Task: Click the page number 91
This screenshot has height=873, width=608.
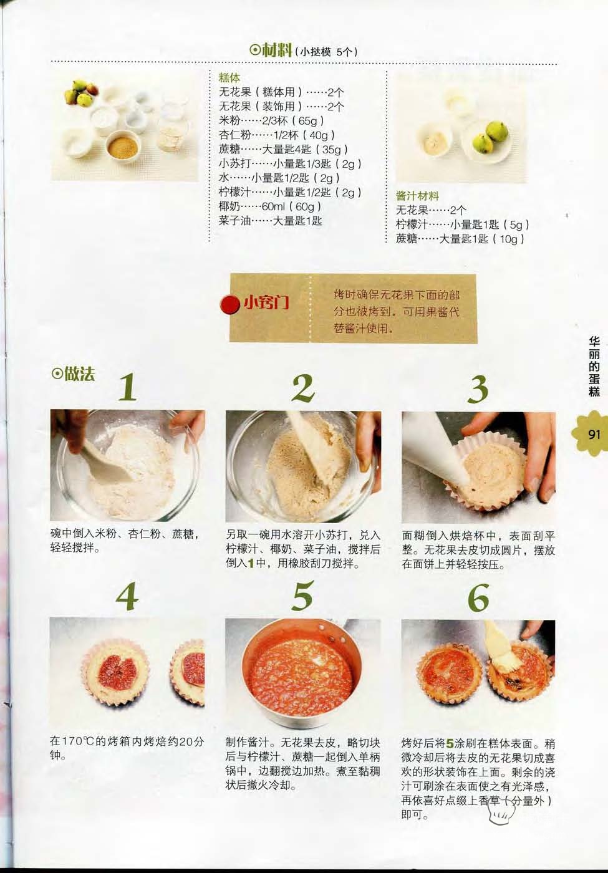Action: click(x=594, y=434)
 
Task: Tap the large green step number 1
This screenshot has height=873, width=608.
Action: click(x=128, y=387)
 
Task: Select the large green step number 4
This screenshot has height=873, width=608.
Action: click(x=127, y=597)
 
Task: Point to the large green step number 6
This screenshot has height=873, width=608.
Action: click(x=478, y=597)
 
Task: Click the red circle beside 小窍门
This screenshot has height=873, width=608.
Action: click(x=230, y=304)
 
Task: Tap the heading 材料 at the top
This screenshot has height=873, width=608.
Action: click(x=277, y=50)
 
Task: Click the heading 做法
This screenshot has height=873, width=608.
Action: click(x=80, y=374)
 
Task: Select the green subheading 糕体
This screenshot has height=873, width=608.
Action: click(x=229, y=78)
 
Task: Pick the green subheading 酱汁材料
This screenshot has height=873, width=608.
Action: click(x=417, y=196)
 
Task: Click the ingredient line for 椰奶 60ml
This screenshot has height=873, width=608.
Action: click(x=270, y=206)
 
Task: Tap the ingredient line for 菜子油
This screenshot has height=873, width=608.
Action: click(x=271, y=221)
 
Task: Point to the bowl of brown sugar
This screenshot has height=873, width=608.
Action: click(x=123, y=146)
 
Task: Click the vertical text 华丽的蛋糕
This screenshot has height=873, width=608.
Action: click(x=594, y=367)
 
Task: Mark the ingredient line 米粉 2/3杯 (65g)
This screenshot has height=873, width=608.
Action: click(x=271, y=120)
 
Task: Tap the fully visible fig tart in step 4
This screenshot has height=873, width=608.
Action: click(x=115, y=672)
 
